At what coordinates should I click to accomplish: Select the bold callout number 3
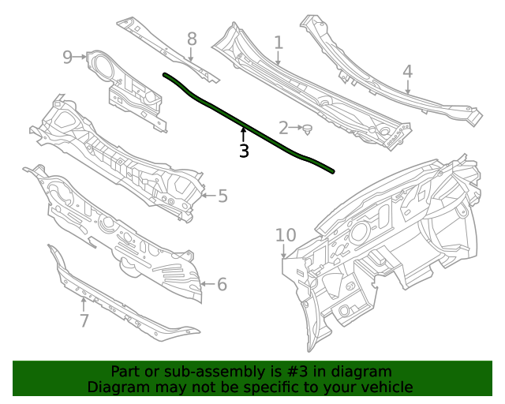[244, 151]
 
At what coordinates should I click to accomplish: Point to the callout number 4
[407, 71]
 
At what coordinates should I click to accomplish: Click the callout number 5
[223, 196]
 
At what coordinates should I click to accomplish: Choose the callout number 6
[222, 284]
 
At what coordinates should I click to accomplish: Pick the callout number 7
[84, 320]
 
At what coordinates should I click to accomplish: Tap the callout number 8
[192, 39]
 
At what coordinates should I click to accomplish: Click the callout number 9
[68, 57]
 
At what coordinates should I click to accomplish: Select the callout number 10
[285, 234]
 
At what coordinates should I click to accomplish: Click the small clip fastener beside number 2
[308, 128]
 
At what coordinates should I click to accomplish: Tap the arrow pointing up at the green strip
[244, 134]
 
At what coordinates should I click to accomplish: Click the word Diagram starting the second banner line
[118, 387]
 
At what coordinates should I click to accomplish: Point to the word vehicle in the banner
[385, 387]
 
